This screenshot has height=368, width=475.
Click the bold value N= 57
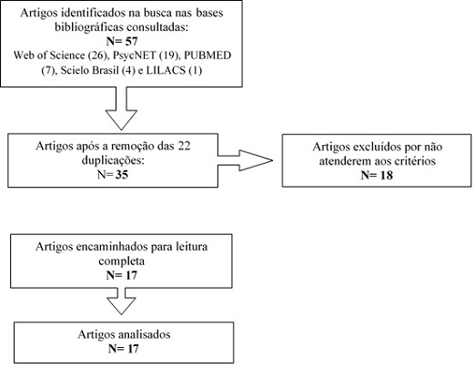[122, 41]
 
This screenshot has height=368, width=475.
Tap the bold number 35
[122, 175]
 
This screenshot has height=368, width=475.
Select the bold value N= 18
[377, 175]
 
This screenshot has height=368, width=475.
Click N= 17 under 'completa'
[122, 275]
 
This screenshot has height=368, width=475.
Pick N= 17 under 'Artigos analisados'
[124, 349]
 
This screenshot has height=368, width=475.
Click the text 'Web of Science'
[49, 56]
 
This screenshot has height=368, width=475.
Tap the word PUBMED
[207, 56]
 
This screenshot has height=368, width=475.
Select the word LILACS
[166, 70]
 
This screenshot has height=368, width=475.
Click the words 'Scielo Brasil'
[89, 70]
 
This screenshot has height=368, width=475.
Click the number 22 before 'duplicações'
[184, 146]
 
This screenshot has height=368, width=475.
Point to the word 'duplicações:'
[113, 160]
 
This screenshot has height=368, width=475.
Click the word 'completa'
[122, 261]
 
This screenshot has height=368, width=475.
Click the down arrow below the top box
[121, 108]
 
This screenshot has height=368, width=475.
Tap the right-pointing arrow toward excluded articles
[246, 160]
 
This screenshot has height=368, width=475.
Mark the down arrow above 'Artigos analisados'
[121, 302]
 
